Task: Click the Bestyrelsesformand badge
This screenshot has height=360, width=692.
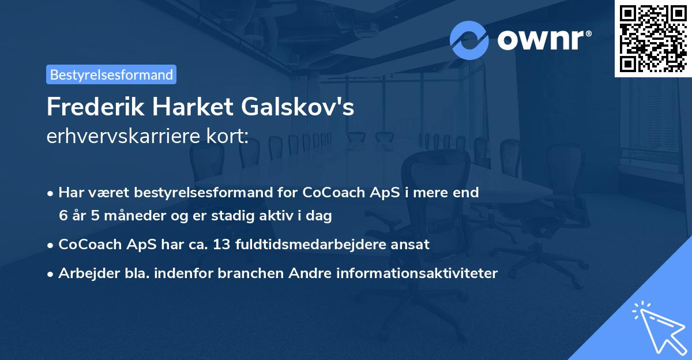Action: point(111,74)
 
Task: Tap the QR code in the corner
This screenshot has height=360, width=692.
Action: point(653,38)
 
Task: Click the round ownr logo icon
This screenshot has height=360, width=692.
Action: point(469,40)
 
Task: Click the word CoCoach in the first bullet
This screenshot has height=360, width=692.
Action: point(328,193)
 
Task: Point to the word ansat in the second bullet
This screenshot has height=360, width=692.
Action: point(412,245)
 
